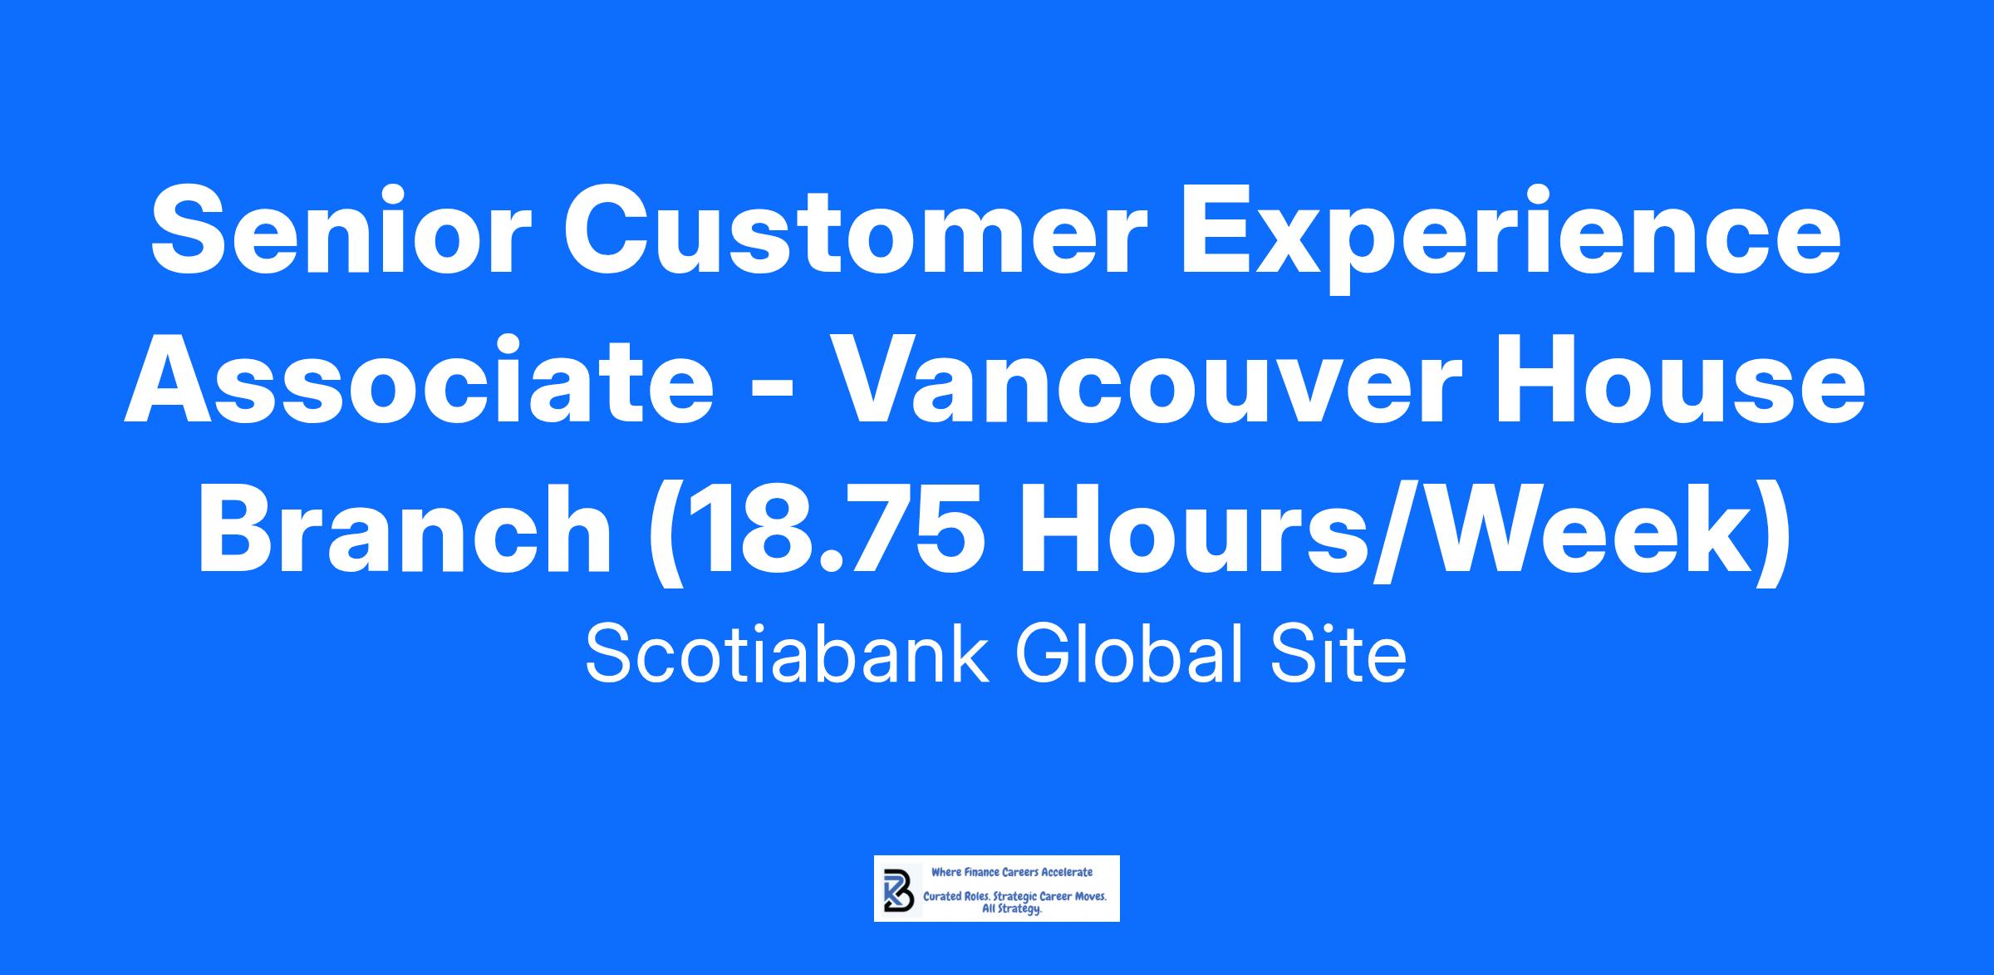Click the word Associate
(419, 385)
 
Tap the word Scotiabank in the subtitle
(787, 654)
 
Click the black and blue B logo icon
(898, 890)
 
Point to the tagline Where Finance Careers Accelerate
(1012, 873)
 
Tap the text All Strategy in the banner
(1012, 910)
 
